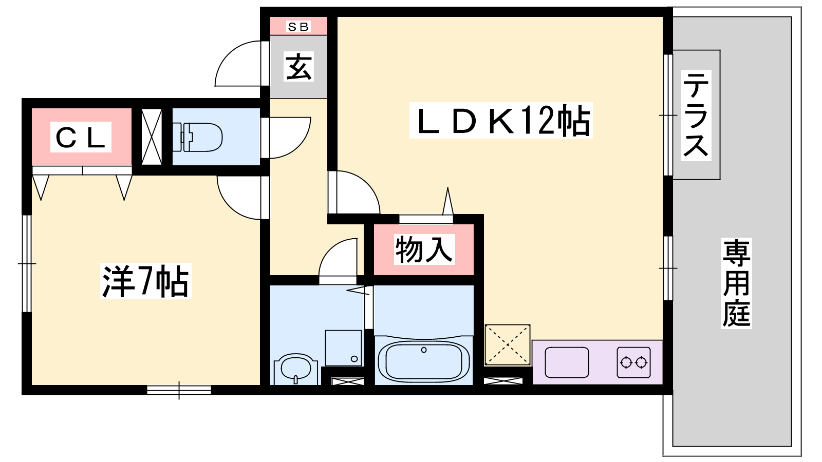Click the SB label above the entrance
point(298,26)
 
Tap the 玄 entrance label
point(299,66)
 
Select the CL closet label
point(81,137)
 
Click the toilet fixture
point(197,137)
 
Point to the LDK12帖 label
point(501,120)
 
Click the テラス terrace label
point(696,115)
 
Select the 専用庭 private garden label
point(736,283)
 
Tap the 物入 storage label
point(424,249)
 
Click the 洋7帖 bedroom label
point(146,281)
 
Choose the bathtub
point(424,361)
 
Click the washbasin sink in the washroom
point(296,369)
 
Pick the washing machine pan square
point(344,348)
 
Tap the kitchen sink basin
point(567,362)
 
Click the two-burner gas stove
point(634,362)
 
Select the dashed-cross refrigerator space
point(508,345)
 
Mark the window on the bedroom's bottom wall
point(179,390)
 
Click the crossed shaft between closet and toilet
point(152,137)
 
